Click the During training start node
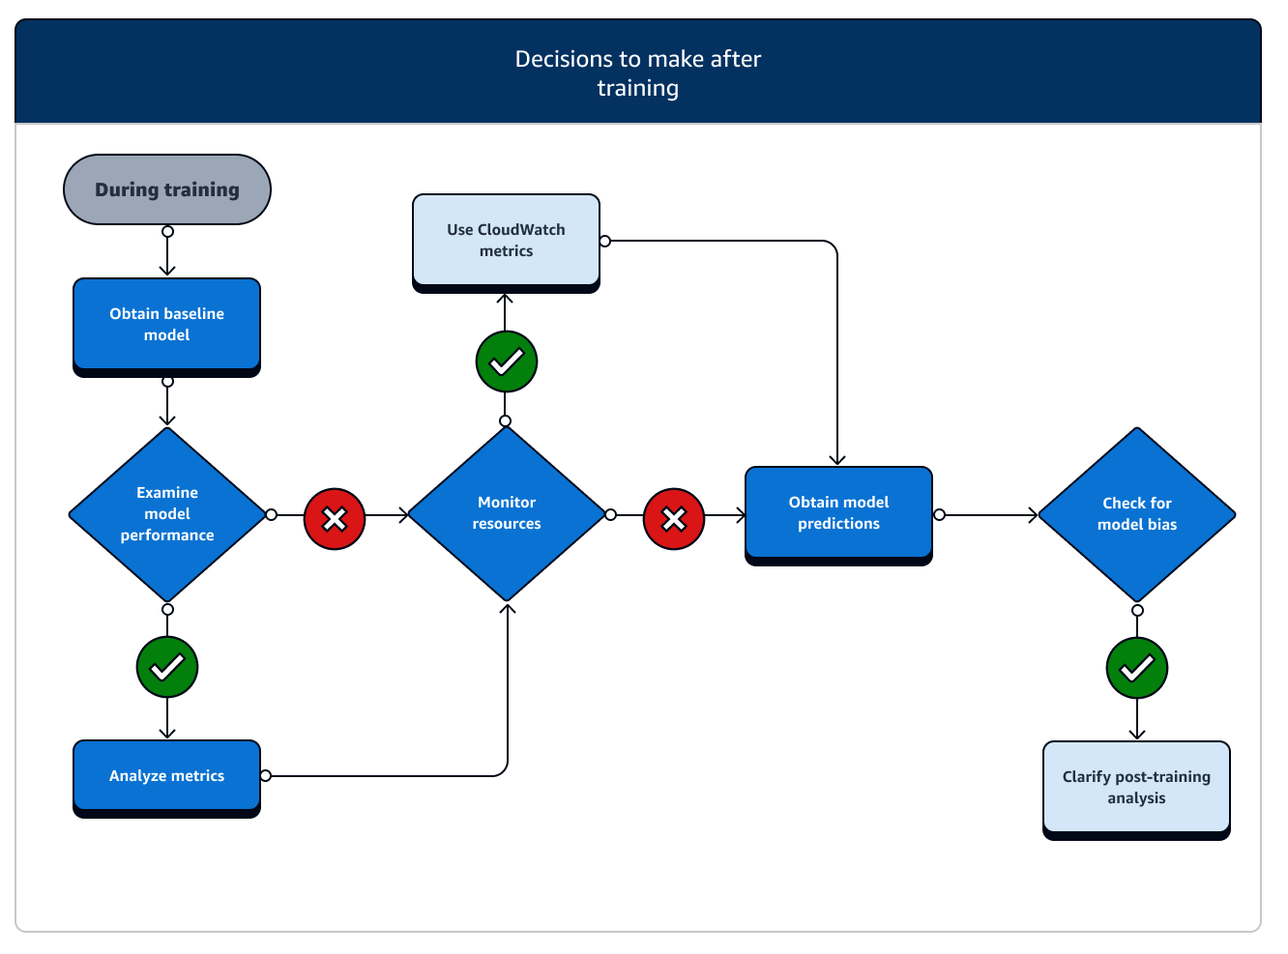click(167, 189)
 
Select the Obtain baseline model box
click(166, 325)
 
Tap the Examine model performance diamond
click(167, 514)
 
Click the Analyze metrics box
click(166, 776)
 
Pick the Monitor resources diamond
click(507, 513)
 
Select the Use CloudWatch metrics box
click(506, 241)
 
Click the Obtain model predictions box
click(838, 513)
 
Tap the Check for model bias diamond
click(1137, 514)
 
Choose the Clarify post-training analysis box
click(1136, 788)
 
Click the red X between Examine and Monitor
click(335, 519)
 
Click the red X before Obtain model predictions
click(674, 519)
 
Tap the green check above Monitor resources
click(507, 361)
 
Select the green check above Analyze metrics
click(167, 667)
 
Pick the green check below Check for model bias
click(1137, 668)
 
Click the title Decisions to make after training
click(638, 73)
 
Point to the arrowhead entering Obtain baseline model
click(167, 272)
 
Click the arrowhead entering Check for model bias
click(1033, 515)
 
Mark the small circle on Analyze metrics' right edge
click(266, 775)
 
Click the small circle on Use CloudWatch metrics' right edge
click(605, 241)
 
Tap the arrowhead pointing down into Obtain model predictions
click(837, 460)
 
